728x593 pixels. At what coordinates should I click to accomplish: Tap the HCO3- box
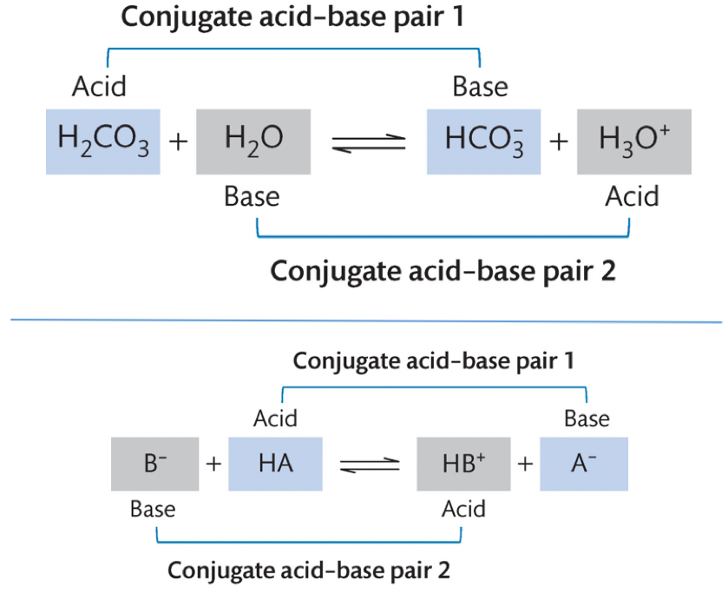[484, 141]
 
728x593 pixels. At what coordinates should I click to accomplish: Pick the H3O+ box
[633, 141]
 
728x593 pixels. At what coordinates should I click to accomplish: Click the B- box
[155, 464]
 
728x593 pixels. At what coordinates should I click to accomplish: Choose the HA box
[275, 464]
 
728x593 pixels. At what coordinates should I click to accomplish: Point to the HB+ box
[461, 464]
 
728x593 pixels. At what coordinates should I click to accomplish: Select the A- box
[583, 464]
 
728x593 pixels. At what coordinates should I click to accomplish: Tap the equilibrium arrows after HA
[369, 465]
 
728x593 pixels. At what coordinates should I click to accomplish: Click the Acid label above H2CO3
[99, 87]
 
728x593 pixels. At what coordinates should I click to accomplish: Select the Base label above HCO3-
[481, 87]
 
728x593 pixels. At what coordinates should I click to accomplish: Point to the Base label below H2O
[252, 196]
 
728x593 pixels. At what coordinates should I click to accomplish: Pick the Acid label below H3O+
[632, 196]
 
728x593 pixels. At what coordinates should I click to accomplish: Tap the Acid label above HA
[275, 418]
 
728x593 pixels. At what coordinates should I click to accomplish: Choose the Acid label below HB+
[463, 509]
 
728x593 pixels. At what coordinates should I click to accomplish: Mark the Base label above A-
[587, 418]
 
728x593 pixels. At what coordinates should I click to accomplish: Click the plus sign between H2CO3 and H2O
[178, 142]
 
